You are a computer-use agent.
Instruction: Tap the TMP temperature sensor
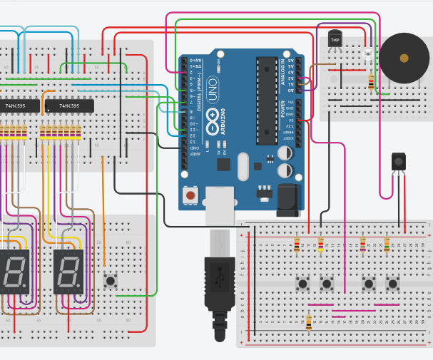(335, 40)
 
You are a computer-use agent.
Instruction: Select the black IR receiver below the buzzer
(398, 163)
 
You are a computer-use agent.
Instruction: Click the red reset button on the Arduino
(190, 195)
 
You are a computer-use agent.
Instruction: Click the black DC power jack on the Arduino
(288, 200)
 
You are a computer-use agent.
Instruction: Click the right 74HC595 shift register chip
(68, 106)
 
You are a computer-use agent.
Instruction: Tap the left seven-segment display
(14, 272)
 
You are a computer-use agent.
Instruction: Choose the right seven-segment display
(68, 272)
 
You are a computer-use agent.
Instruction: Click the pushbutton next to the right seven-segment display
(111, 281)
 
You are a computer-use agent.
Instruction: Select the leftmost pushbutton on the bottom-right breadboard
(303, 284)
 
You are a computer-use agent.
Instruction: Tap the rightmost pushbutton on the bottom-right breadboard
(392, 284)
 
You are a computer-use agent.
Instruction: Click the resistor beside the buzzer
(371, 81)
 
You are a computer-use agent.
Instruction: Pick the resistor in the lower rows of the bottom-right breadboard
(309, 323)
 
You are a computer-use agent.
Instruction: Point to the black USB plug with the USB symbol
(220, 282)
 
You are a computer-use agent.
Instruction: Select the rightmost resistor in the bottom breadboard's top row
(387, 245)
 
